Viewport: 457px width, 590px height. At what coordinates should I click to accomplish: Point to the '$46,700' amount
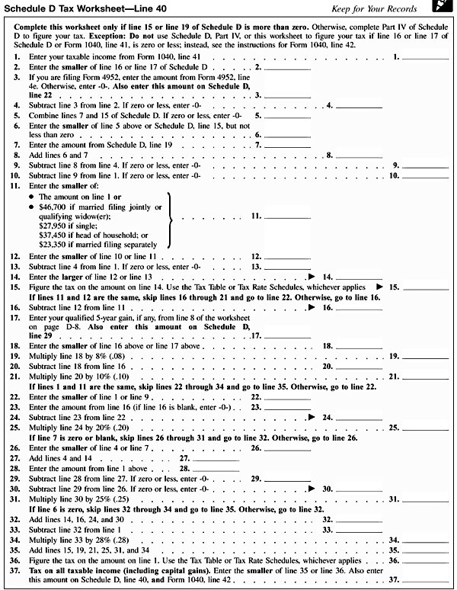click(51, 207)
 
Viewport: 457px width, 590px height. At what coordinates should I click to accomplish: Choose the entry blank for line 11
click(287, 216)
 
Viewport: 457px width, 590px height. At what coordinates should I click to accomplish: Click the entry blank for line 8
click(358, 154)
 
